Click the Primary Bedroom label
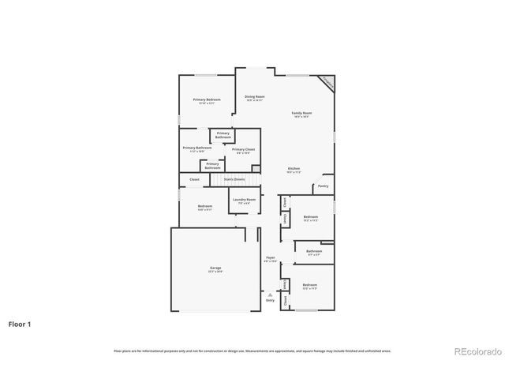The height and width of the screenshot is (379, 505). pos(208,99)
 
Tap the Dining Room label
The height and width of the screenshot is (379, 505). pos(254,96)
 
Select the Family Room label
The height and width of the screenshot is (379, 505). pos(301,114)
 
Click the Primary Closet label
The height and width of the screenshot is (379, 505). pos(243,148)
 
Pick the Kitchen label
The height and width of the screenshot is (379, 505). pos(294,169)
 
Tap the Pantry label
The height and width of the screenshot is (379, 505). pos(323,186)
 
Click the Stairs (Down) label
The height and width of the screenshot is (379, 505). pos(234,179)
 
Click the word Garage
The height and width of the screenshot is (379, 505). pos(215,268)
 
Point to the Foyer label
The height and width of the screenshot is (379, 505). pos(270,258)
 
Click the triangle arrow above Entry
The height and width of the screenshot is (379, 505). pos(270,294)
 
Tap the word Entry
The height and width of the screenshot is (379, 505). pos(270,300)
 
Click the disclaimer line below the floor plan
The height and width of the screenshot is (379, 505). pos(252,351)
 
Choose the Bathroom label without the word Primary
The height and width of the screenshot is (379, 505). pos(314,251)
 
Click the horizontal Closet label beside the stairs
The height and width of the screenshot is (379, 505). pos(194,179)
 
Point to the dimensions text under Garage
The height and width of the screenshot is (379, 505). pos(215,272)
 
